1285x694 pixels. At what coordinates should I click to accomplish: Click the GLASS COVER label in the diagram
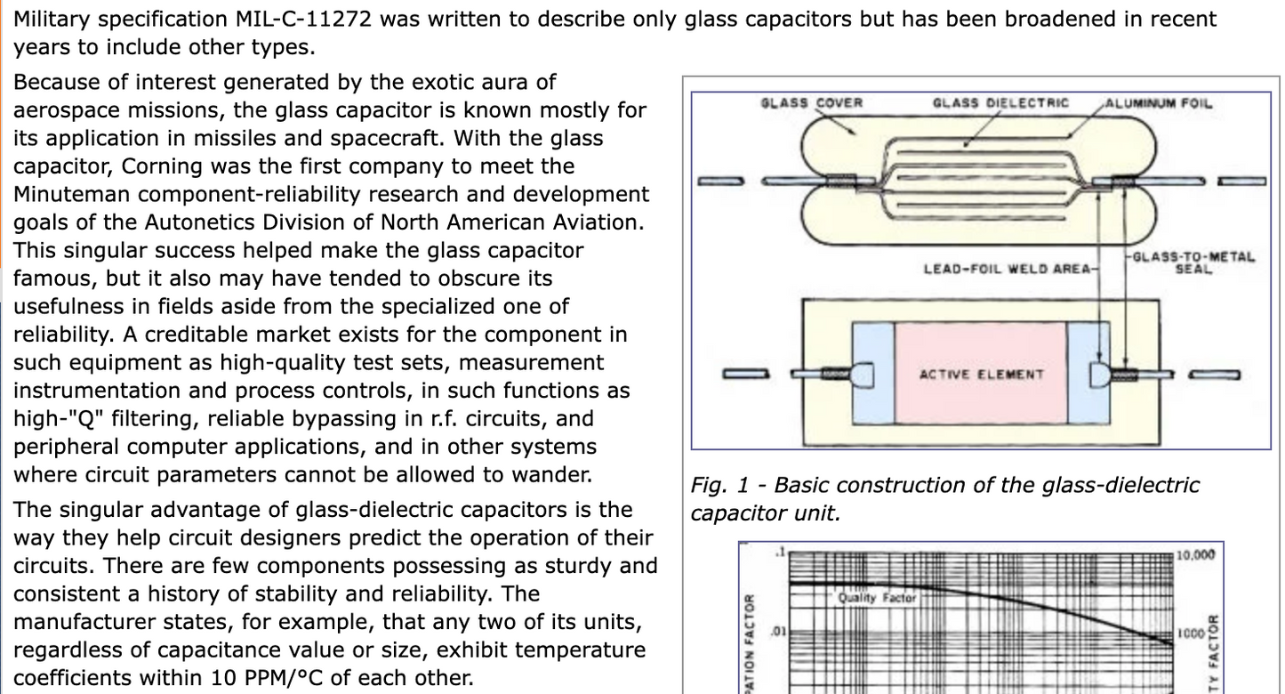click(x=812, y=102)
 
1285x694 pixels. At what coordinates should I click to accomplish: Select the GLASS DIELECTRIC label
click(x=1000, y=102)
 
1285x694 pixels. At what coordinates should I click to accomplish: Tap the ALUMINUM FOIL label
click(x=1158, y=102)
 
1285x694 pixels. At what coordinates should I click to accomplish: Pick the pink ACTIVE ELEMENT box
click(x=981, y=374)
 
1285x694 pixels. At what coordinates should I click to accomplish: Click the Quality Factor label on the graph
click(x=875, y=598)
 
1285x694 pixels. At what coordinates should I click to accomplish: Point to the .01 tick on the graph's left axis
click(x=776, y=629)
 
